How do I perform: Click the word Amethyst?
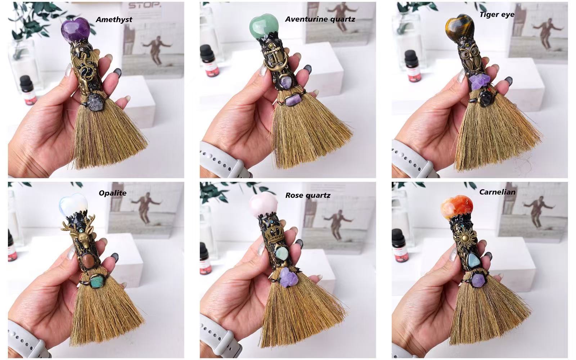pyautogui.click(x=114, y=19)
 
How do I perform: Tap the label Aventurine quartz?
pyautogui.click(x=320, y=19)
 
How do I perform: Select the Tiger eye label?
pyautogui.click(x=497, y=14)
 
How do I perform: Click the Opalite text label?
pyautogui.click(x=112, y=193)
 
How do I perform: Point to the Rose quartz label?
pyautogui.click(x=308, y=195)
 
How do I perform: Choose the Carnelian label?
pyautogui.click(x=497, y=192)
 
